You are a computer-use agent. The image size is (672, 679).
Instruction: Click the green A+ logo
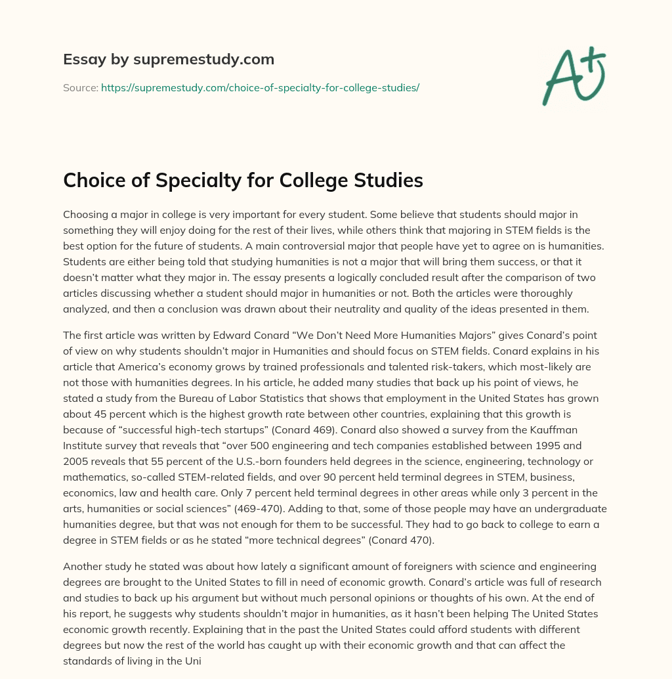point(573,76)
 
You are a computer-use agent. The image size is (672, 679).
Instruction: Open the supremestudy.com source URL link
point(260,87)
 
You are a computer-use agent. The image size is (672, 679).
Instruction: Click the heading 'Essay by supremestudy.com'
point(169,60)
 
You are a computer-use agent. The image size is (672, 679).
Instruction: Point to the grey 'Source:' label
point(81,87)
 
